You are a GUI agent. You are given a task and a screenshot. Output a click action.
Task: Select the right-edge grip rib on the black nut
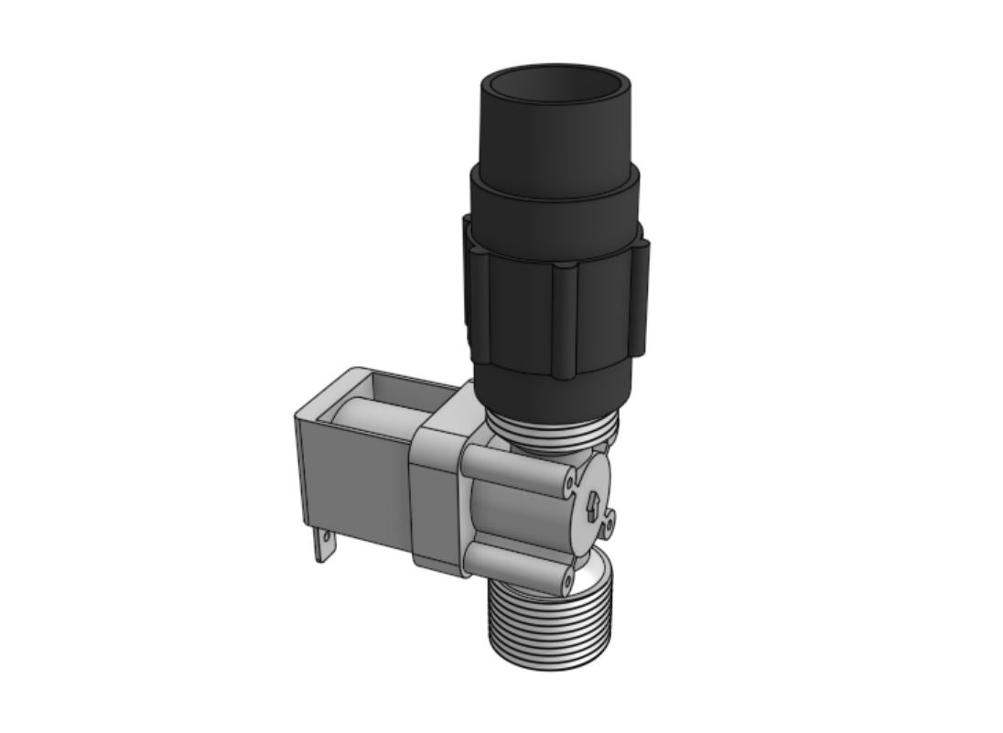pyautogui.click(x=641, y=297)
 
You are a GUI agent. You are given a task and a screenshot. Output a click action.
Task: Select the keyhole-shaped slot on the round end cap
pyautogui.click(x=593, y=506)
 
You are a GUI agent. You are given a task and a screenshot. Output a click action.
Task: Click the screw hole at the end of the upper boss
pyautogui.click(x=569, y=478)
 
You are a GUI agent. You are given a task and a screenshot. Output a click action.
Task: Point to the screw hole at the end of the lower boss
pyautogui.click(x=567, y=579)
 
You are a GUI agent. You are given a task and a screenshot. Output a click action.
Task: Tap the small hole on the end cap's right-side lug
pyautogui.click(x=608, y=523)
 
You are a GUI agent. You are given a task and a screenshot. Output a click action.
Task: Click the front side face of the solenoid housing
pyautogui.click(x=357, y=485)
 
